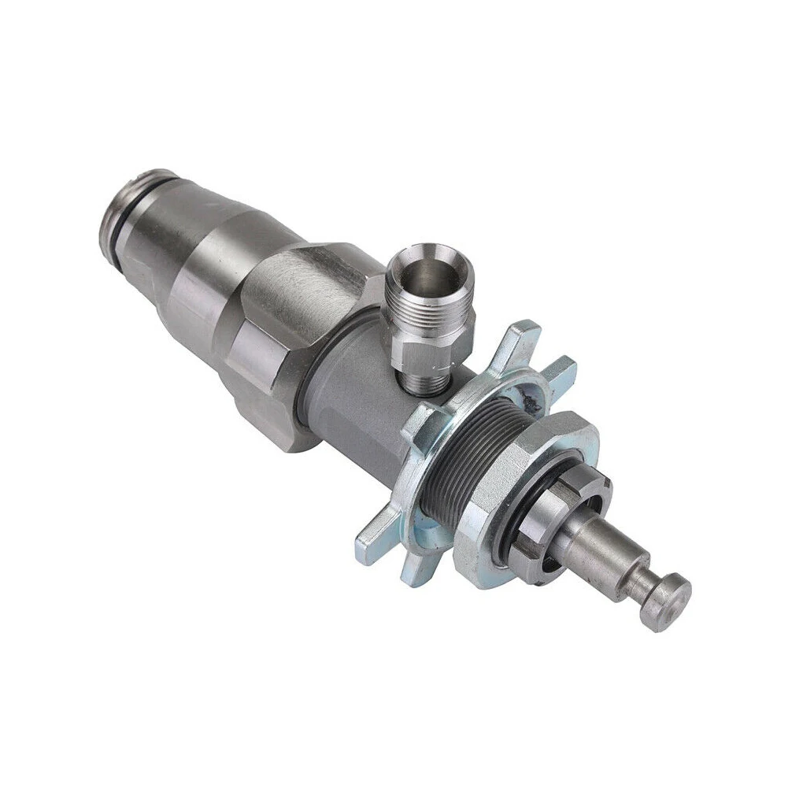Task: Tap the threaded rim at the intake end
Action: (x=134, y=189)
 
